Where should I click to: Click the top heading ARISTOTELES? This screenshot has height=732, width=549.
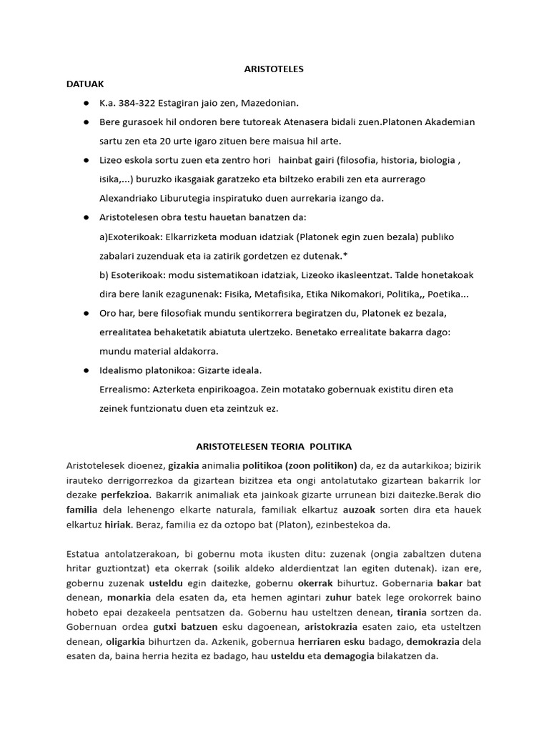click(x=274, y=69)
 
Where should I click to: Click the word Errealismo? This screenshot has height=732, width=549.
click(x=124, y=390)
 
